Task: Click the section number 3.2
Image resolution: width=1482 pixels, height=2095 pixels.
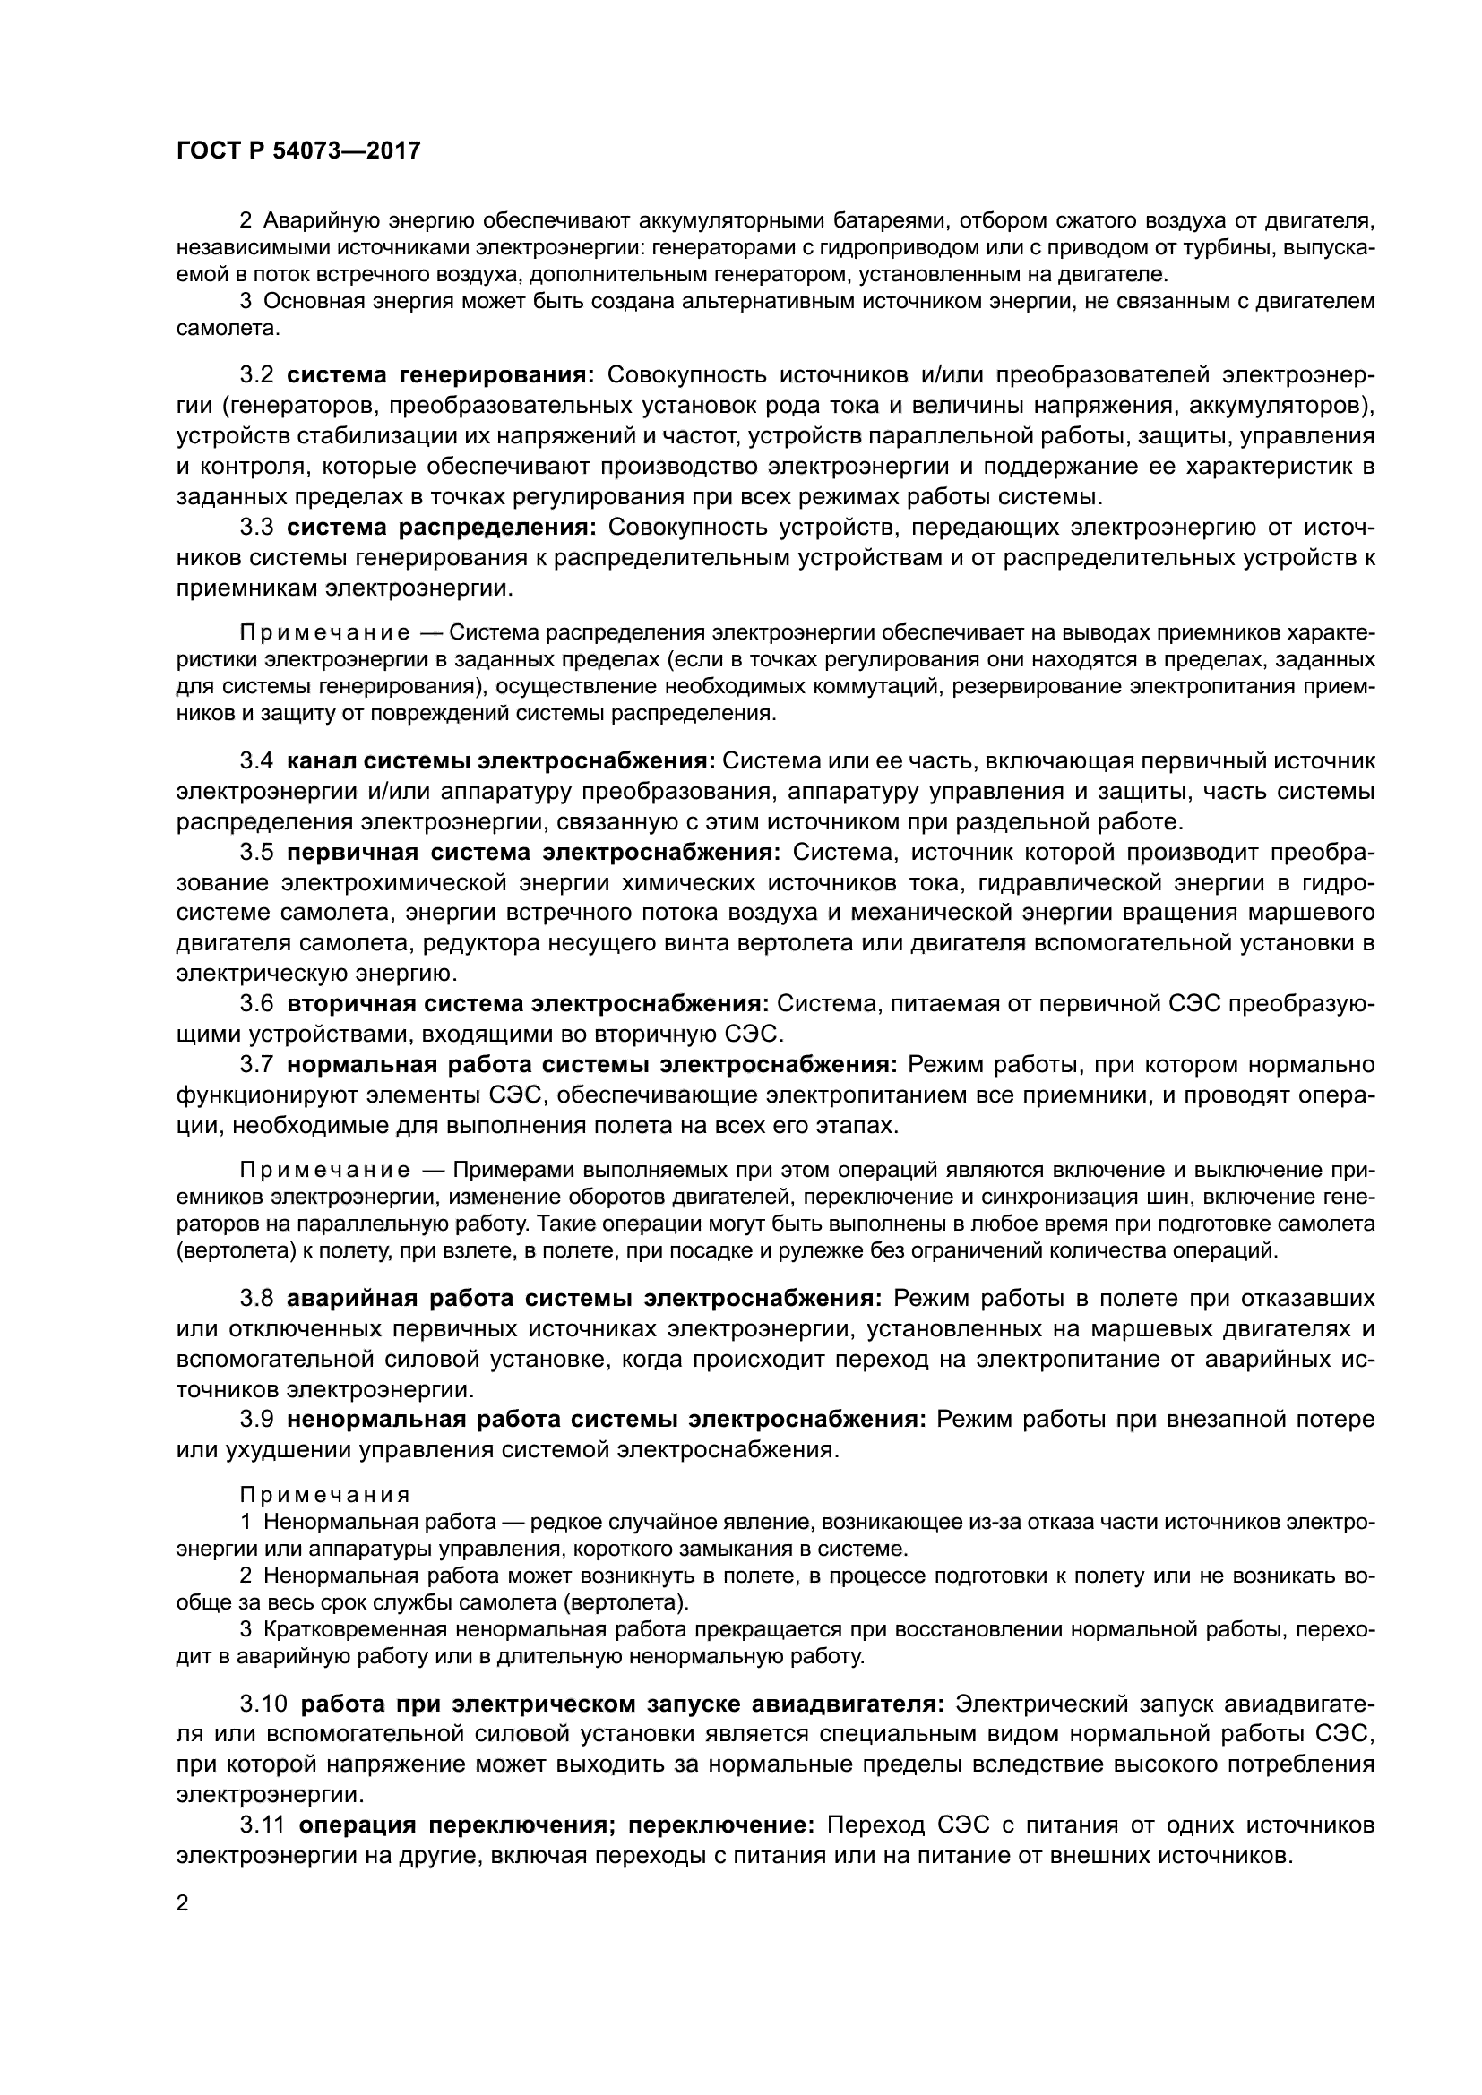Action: [x=256, y=375]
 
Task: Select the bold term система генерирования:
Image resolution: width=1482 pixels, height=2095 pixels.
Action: [x=441, y=375]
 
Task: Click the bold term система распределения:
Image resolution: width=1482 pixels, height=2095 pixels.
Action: [x=442, y=527]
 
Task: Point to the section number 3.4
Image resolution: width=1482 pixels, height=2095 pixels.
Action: [x=256, y=761]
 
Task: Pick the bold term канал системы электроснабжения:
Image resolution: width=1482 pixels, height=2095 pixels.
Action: [x=502, y=761]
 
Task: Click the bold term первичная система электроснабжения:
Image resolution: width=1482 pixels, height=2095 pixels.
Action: [x=534, y=852]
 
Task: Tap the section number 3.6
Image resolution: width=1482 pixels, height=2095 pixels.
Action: [x=256, y=1004]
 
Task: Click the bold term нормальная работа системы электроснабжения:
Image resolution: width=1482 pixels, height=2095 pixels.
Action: [x=592, y=1065]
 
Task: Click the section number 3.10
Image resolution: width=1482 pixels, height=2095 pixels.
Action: [x=263, y=1704]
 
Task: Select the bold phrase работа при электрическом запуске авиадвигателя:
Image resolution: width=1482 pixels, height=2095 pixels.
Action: [x=623, y=1704]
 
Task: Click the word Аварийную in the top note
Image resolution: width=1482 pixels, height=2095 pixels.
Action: [x=318, y=220]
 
